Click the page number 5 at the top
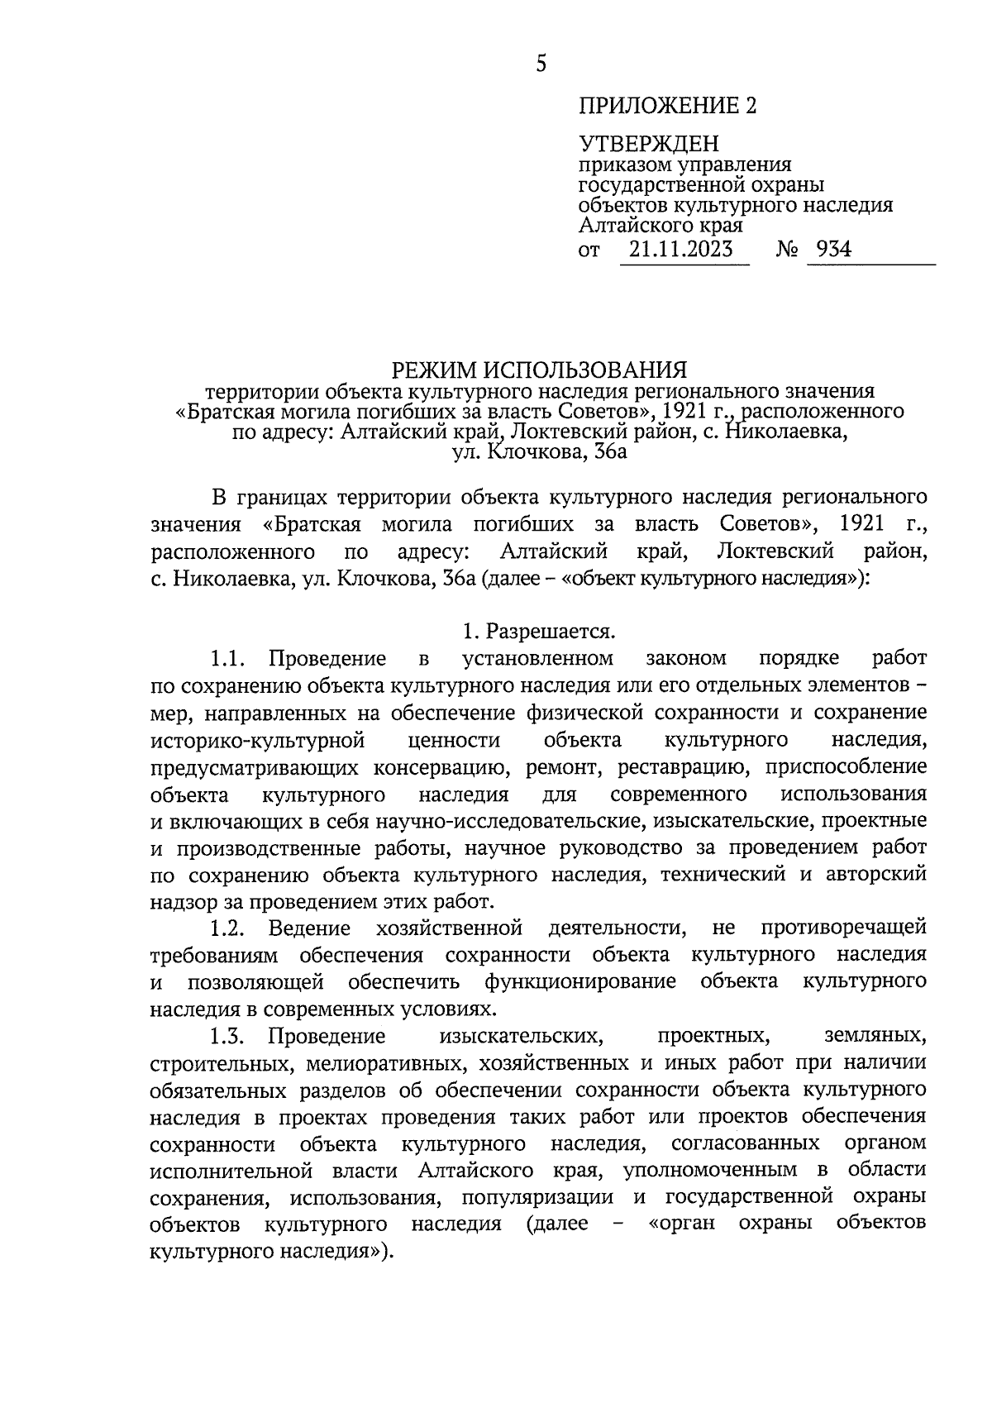541,64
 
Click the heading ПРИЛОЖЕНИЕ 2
667,106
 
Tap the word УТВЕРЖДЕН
649,145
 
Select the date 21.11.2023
680,249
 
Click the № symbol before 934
786,250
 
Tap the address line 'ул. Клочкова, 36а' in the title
540,452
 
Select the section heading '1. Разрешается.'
539,632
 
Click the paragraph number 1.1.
228,659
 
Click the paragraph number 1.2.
228,928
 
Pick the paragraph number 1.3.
228,1035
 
